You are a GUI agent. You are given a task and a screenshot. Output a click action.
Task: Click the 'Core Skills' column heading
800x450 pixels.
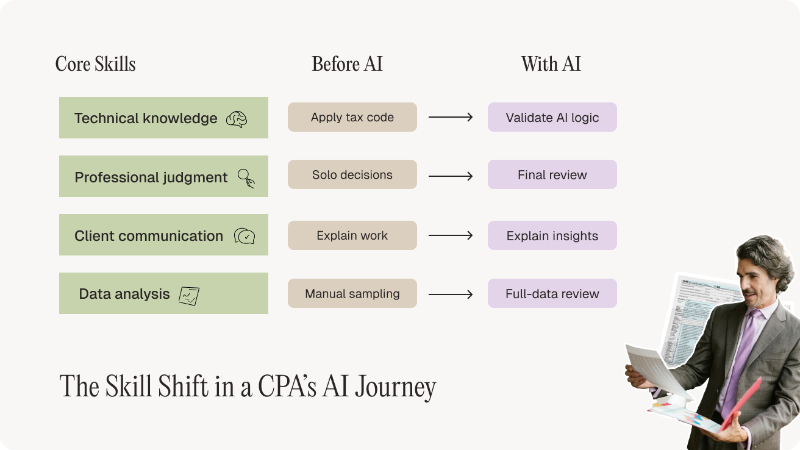pos(95,64)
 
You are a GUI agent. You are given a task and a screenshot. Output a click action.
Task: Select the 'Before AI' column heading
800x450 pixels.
pos(347,64)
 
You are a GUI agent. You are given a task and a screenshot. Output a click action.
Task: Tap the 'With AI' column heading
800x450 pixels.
pos(551,64)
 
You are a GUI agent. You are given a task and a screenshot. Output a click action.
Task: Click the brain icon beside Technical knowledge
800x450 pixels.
pos(237,119)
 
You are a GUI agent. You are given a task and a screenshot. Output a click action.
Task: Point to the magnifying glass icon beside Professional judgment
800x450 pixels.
pos(246,178)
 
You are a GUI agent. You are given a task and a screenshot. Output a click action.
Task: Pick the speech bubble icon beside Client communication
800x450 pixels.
pos(245,236)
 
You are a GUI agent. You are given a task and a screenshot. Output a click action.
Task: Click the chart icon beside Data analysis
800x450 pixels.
pos(189,296)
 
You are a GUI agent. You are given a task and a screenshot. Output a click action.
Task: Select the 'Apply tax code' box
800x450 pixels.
pos(352,117)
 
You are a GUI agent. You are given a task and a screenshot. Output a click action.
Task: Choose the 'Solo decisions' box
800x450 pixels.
pos(352,174)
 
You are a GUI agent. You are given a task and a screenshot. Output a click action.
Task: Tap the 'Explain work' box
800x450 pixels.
pos(352,235)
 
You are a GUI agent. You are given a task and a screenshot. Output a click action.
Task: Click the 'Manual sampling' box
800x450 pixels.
pos(352,293)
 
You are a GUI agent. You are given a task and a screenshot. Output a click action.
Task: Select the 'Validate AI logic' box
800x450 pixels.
pos(552,117)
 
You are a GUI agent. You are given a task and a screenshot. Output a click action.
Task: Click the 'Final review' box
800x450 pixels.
pos(552,174)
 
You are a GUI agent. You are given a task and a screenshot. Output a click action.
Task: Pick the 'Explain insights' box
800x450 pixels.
pos(552,235)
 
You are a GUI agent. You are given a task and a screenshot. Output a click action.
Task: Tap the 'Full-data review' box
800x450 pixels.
pos(552,293)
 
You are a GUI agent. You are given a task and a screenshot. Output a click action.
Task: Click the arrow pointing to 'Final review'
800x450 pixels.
pos(451,176)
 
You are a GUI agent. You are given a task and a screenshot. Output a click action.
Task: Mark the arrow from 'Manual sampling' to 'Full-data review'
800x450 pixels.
pos(451,295)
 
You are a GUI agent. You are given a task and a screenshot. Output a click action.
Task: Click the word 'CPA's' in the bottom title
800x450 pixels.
pos(287,387)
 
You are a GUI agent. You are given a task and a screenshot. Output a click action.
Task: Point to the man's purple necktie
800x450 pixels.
pos(740,361)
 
